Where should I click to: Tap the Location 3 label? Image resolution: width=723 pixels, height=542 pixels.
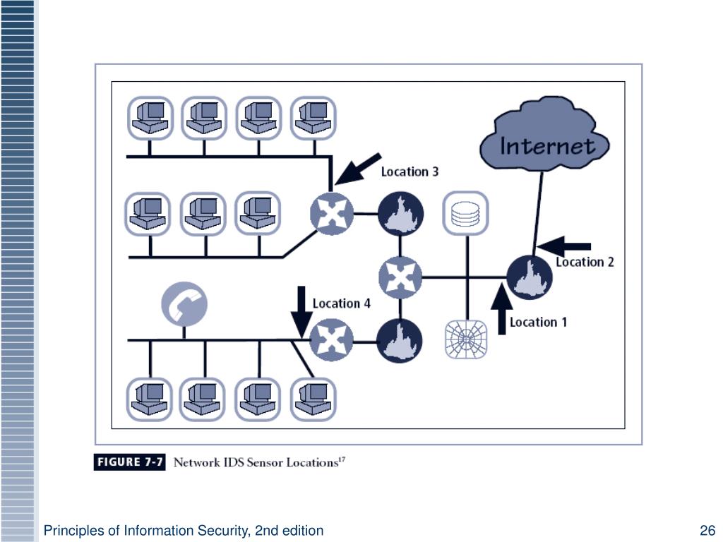pos(410,171)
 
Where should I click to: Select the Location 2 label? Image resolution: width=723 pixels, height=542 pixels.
pos(585,262)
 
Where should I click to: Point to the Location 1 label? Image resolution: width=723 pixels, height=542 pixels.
pos(538,322)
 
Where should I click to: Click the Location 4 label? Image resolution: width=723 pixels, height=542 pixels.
pos(341,303)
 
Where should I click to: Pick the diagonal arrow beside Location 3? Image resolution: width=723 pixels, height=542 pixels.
pos(358,169)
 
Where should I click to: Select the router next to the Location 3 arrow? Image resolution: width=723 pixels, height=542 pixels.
pos(332,213)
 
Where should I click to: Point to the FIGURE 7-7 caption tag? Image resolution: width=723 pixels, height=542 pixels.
pos(129,463)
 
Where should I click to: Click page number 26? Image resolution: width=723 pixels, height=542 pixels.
pos(707,531)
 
